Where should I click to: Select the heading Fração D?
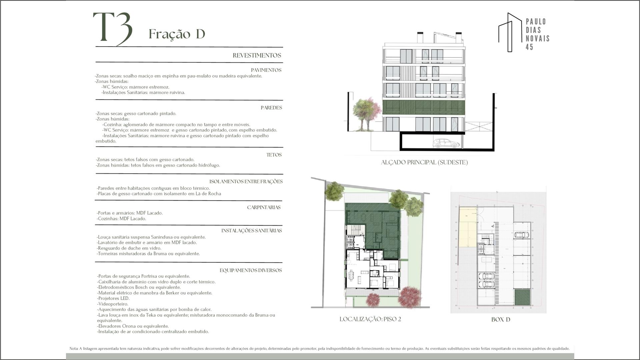pos(177,34)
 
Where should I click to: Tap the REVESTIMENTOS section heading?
pos(257,55)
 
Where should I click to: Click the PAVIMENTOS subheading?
pos(266,70)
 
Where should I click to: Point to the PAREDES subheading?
pos(271,108)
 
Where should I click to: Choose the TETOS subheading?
pos(274,155)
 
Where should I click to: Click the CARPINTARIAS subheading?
pos(264,207)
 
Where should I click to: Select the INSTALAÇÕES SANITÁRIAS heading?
pos(252,230)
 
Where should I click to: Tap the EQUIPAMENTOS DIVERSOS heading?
pos(251,270)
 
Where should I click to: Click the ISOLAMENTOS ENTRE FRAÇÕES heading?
pos(246,182)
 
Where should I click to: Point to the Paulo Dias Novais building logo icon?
pos(510,32)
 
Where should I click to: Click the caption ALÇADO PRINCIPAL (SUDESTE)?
pos(424,162)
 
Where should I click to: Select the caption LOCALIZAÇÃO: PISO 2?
pos(370,319)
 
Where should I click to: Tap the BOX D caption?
pos(501,319)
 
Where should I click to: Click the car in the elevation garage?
pos(446,143)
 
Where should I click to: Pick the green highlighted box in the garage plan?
pos(522,297)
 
